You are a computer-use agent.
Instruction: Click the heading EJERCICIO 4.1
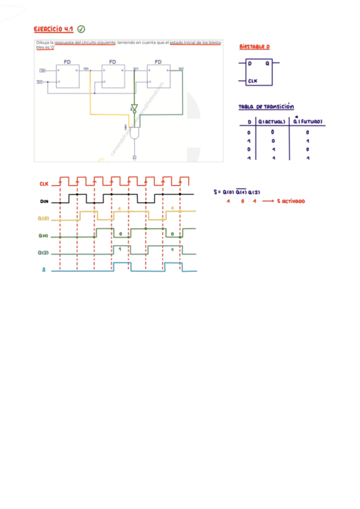tap(53, 29)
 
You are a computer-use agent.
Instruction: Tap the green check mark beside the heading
tap(82, 29)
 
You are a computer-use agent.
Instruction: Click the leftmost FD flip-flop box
tap(67, 75)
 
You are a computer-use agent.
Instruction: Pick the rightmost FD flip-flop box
tap(158, 75)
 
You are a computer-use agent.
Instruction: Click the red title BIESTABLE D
tap(254, 46)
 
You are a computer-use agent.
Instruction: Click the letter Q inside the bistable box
tap(266, 64)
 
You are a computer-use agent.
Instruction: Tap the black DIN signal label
tap(44, 202)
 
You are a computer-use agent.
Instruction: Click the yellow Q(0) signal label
tap(44, 219)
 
